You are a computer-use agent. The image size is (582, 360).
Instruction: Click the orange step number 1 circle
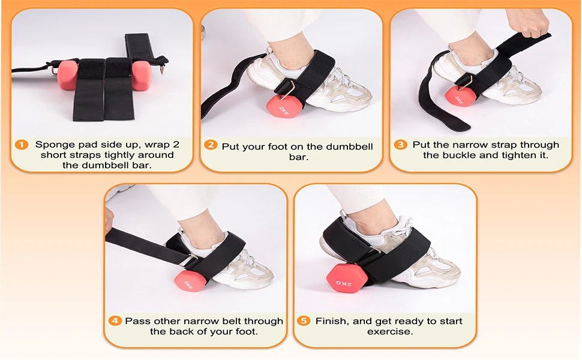[x=22, y=145]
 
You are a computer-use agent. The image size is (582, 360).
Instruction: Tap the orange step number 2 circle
[x=211, y=145]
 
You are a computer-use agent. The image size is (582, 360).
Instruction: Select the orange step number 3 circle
[x=400, y=145]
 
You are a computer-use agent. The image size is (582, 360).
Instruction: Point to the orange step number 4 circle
[x=115, y=320]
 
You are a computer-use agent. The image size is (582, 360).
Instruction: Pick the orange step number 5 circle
[x=304, y=320]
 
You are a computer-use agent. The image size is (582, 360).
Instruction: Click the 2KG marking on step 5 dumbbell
[x=343, y=284]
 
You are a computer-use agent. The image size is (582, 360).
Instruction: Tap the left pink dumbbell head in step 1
[x=68, y=75]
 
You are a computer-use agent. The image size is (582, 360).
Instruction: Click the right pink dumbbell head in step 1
[x=142, y=76]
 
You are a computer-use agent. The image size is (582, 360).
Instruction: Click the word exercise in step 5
[x=390, y=331]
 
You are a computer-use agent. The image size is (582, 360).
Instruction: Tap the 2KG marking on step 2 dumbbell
[x=284, y=110]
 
